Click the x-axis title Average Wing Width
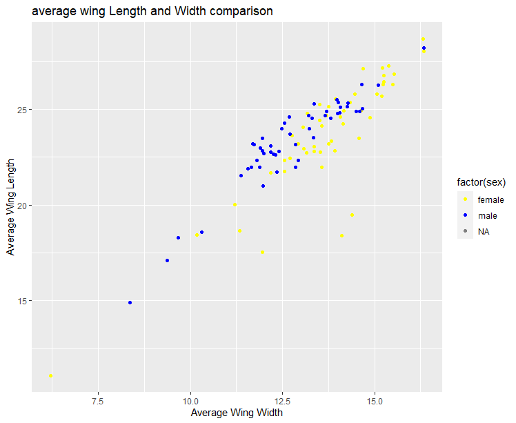237,413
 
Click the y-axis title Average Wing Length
12,206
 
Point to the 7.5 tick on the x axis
98,400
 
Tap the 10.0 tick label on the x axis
190,400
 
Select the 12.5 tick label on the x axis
282,400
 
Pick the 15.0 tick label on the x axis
375,400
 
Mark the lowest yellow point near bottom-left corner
51,376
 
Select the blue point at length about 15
130,302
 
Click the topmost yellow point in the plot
423,39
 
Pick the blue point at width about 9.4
168,261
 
